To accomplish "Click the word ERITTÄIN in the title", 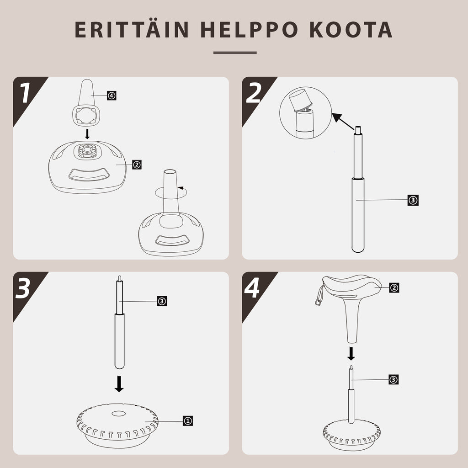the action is (131, 29).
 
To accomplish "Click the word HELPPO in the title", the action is (249, 30).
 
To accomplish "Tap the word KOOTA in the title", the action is (351, 30).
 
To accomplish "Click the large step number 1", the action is (25, 92).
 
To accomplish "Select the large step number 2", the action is (253, 92).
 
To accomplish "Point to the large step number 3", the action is (23, 288).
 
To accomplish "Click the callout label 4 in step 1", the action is (112, 96).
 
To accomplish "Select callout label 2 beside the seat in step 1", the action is (137, 165).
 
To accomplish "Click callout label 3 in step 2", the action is (413, 200).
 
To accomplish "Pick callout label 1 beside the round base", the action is (188, 421).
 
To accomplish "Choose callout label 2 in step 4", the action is (394, 288).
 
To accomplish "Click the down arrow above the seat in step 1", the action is (87, 134).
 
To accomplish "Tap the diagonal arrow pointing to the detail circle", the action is (343, 122).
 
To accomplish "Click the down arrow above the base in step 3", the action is (119, 384).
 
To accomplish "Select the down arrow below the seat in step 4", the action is (351, 353).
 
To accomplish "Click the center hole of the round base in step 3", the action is (118, 414).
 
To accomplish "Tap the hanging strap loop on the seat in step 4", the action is (319, 296).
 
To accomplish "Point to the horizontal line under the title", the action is (235, 53).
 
